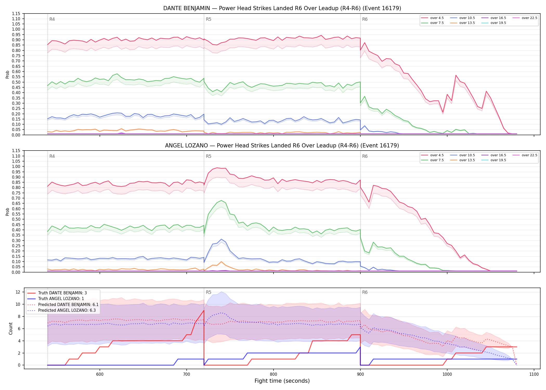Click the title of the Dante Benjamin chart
[x=282, y=8]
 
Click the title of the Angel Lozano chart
[x=282, y=146]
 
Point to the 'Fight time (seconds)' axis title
[x=282, y=381]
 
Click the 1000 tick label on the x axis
[x=447, y=374]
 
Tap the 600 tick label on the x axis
[x=100, y=374]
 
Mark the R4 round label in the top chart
[x=52, y=19]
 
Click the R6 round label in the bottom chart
[x=365, y=292]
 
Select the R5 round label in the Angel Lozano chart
[x=209, y=156]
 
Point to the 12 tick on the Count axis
[x=18, y=292]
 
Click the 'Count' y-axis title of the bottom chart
[x=11, y=328]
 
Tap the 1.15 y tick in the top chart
[x=16, y=14]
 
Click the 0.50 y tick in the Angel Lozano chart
[x=16, y=219]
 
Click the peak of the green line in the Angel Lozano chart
[x=221, y=200]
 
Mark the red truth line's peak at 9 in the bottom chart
[x=204, y=310]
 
